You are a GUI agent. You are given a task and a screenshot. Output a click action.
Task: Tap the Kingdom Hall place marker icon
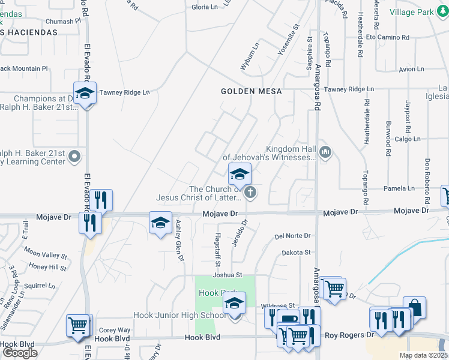click(x=325, y=152)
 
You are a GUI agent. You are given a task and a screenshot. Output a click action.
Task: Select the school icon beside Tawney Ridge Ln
click(x=85, y=94)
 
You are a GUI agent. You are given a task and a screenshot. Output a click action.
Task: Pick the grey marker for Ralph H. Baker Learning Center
click(x=74, y=157)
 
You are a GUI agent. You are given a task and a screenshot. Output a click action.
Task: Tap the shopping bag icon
click(x=414, y=307)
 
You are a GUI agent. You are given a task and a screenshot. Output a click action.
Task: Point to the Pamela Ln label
click(x=403, y=188)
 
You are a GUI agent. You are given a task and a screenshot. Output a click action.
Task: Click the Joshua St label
click(x=227, y=275)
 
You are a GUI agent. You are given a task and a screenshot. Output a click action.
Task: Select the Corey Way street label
click(x=115, y=330)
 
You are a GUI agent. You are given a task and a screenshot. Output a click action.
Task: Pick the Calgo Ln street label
click(x=408, y=139)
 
